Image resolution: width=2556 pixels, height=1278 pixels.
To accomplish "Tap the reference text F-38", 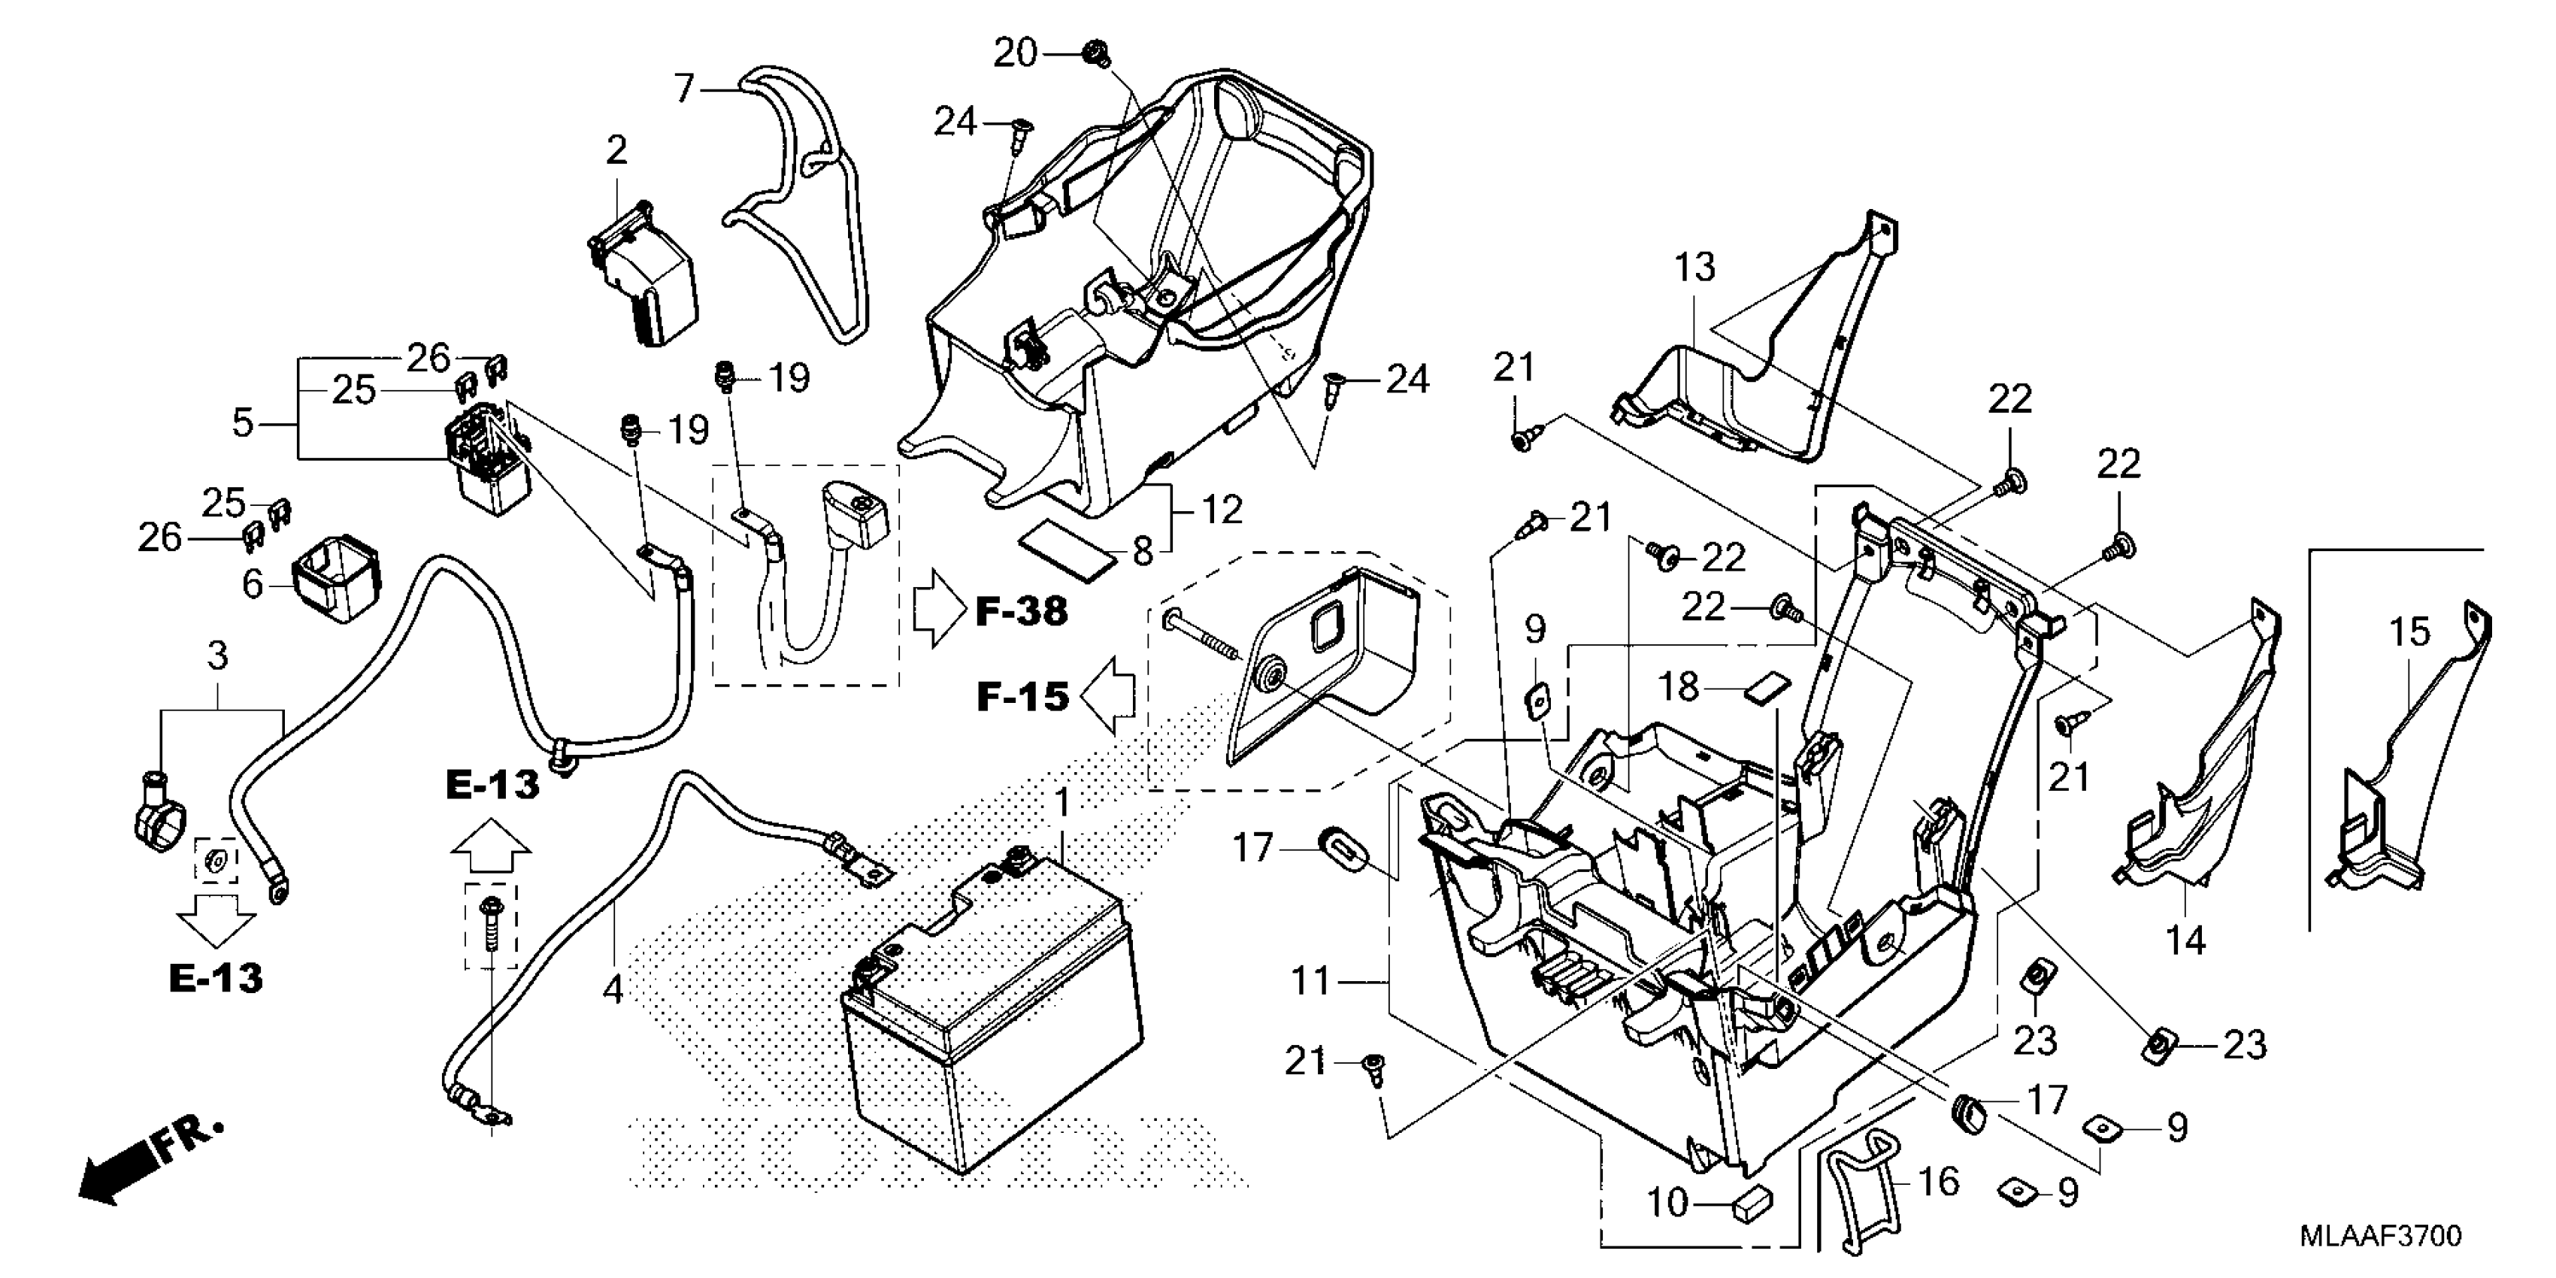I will coord(1022,612).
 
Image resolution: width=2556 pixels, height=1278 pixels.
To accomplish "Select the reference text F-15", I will coord(1022,698).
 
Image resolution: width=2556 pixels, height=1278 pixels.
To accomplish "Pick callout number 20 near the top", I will coord(1015,53).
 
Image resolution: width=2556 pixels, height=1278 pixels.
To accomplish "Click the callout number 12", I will coord(1222,510).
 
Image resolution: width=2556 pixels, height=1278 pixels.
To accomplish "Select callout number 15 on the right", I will coord(2409,632).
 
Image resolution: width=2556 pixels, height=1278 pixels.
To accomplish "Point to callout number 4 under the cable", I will coord(613,989).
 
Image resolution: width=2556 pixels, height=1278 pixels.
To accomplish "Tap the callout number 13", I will coord(1694,267).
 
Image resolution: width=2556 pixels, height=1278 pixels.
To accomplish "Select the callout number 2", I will coord(616,151).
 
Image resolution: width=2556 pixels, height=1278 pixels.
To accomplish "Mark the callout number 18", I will coord(1679,686).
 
